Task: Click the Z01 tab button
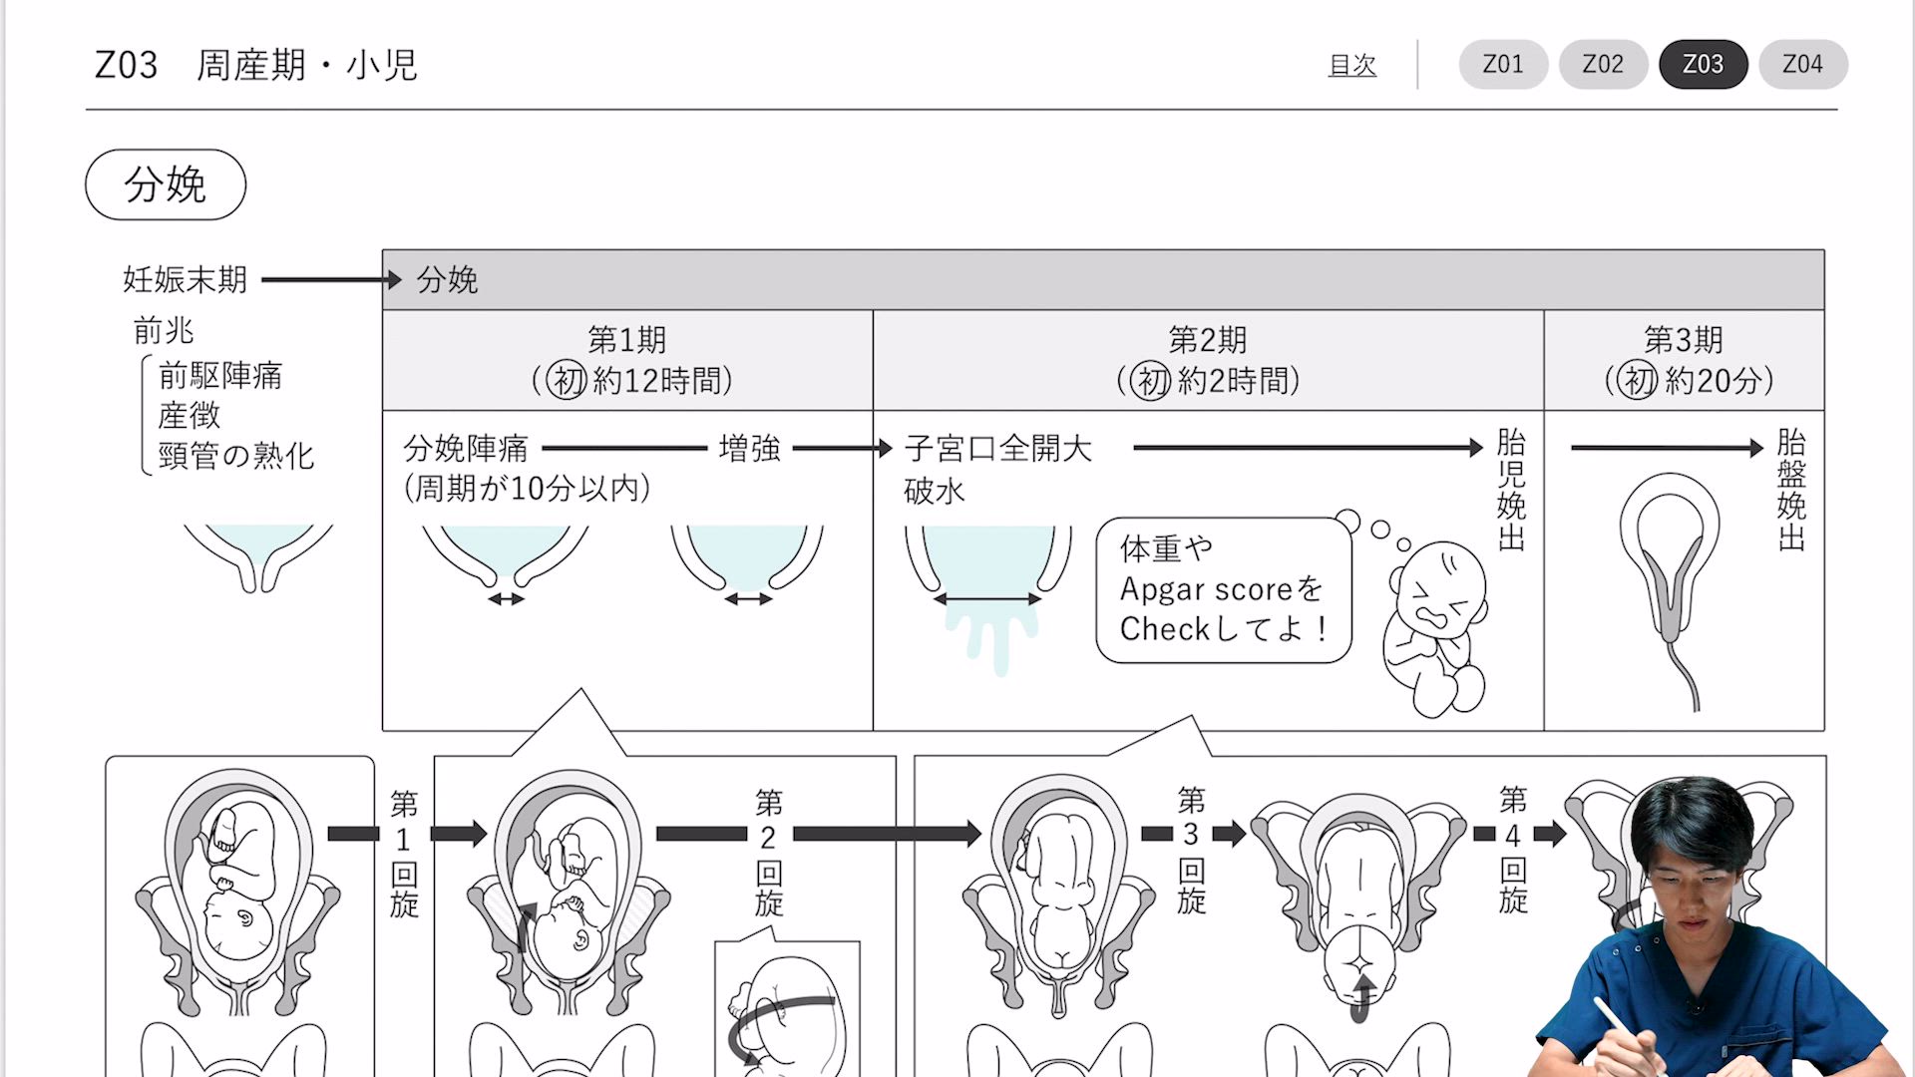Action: [x=1503, y=65]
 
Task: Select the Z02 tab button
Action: [x=1603, y=65]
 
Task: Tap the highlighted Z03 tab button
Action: [x=1703, y=65]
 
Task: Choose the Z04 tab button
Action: [x=1802, y=65]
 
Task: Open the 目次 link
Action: [x=1351, y=66]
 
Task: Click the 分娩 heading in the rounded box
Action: [x=166, y=184]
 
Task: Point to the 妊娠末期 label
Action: [x=185, y=280]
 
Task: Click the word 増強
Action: [x=750, y=449]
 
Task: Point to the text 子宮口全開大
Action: [x=997, y=449]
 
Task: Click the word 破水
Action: [x=935, y=491]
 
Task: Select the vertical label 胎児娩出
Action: [x=1511, y=489]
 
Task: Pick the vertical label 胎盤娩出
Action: [x=1791, y=489]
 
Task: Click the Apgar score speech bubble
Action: [x=1223, y=589]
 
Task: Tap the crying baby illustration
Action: [x=1434, y=628]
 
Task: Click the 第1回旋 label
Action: [x=404, y=853]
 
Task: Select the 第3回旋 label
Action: [x=1191, y=850]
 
